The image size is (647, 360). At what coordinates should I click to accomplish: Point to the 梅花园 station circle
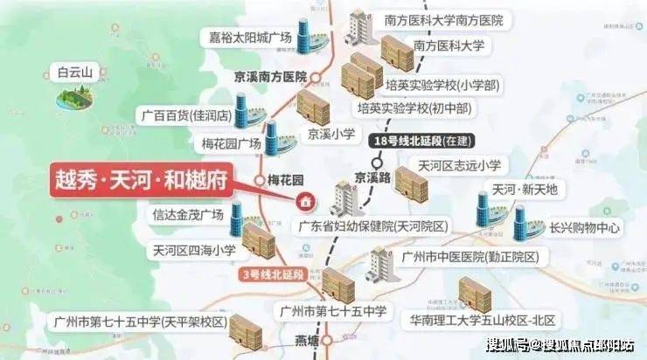tap(260, 180)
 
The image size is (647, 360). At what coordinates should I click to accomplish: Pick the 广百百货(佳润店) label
tap(184, 114)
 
